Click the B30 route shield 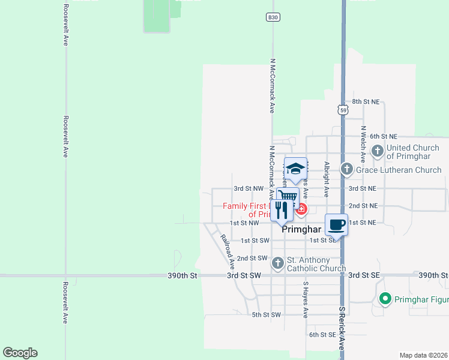[x=273, y=17]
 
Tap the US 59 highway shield [x=342, y=110]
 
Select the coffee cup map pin [x=337, y=225]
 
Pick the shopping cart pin [x=288, y=196]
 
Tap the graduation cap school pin [x=295, y=169]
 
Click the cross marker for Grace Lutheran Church [x=346, y=170]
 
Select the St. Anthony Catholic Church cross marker [x=277, y=263]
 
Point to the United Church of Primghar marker [x=378, y=151]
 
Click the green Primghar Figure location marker [x=385, y=298]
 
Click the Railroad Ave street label [x=227, y=250]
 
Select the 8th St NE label [x=366, y=102]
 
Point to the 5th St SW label [x=267, y=314]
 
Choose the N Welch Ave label [x=363, y=144]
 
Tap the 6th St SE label [x=323, y=334]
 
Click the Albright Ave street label [x=327, y=179]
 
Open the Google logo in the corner [x=20, y=353]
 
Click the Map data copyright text [x=423, y=355]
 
